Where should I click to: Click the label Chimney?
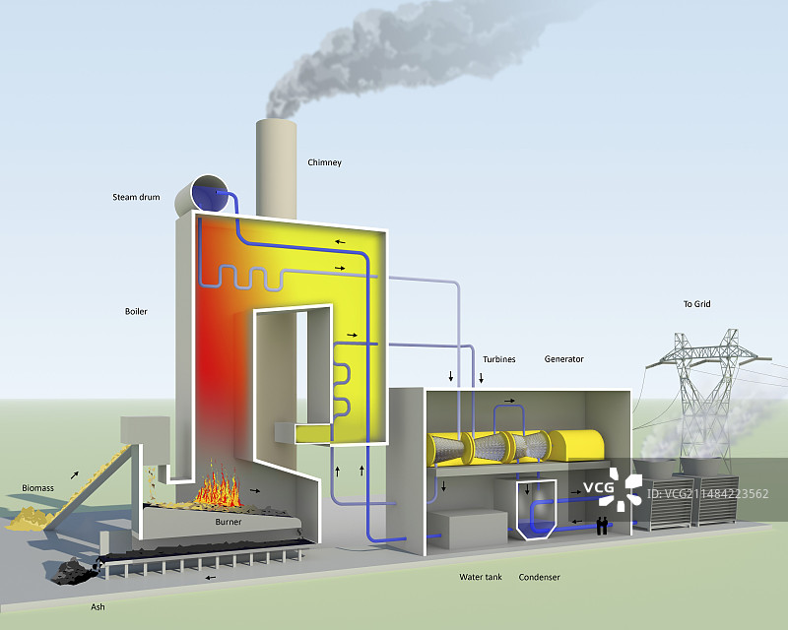point(324,162)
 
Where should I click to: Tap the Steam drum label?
point(135,198)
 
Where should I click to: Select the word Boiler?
point(136,312)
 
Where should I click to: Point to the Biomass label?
point(37,487)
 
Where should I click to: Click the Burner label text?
point(229,522)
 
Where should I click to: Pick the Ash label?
point(98,607)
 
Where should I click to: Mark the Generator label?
point(563,359)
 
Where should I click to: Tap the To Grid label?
point(696,304)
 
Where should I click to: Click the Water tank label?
point(480,577)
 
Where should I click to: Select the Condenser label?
point(539,577)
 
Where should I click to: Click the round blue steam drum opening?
point(209,191)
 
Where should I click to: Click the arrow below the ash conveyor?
point(207,578)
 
